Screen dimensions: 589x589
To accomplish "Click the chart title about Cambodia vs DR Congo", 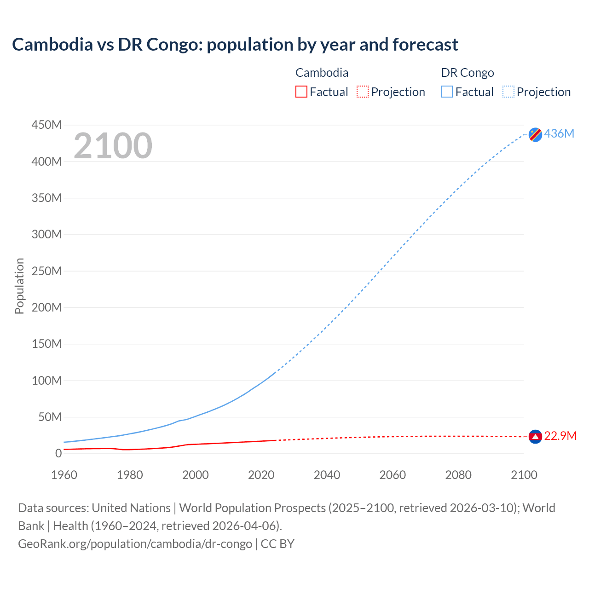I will point(235,45).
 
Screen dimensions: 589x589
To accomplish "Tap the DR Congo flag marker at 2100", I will point(535,134).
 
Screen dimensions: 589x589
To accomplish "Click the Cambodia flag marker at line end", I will point(535,436).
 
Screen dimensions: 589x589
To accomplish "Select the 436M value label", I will point(559,133).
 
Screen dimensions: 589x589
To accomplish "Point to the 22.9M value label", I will point(560,436).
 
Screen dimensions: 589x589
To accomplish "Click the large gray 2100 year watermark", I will point(113,146).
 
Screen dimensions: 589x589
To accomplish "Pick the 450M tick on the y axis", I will point(46,125).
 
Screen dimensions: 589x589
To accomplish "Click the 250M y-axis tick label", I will point(46,271).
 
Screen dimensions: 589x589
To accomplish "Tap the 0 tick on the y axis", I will point(58,453).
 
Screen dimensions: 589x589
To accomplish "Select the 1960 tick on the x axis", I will point(64,475).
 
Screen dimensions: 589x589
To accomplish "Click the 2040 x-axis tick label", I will point(327,475).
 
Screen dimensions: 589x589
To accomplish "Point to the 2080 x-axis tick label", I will point(458,475).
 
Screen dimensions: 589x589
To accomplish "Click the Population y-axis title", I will point(19,286).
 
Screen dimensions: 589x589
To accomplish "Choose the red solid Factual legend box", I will point(301,92).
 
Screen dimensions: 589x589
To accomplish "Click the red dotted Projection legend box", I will point(363,92).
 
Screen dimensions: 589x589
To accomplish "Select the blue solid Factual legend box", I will point(446,92).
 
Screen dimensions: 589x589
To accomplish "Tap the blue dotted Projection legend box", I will point(508,92).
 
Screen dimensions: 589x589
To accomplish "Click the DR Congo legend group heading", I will point(467,73).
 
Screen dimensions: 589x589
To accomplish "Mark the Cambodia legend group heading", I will point(322,73).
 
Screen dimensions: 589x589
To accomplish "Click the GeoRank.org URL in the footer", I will point(135,544).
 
